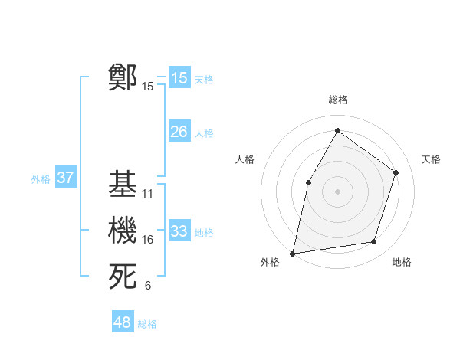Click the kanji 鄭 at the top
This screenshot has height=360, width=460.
pos(123,77)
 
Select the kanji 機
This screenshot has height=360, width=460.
pos(123,231)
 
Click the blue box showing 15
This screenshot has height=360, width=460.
pos(179,78)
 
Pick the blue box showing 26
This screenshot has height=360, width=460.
pos(179,132)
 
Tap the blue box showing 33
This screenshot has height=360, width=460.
pos(179,231)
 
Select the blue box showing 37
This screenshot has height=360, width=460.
pos(65,178)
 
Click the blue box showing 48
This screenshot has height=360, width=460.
pos(122,322)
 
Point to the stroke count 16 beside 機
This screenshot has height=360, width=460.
pos(148,240)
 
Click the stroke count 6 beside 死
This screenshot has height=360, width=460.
pos(148,286)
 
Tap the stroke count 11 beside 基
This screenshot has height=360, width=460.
pos(148,193)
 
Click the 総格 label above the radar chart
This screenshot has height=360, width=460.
pos(337,100)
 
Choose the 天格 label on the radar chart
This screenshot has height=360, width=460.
pos(432,159)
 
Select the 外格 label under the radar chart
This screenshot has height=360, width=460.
pos(270,262)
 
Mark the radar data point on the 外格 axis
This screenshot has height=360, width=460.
pos(293,252)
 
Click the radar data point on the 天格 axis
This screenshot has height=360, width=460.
pos(396,172)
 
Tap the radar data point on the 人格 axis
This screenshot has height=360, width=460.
pos(308,182)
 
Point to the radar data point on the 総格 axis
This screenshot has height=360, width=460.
pos(337,130)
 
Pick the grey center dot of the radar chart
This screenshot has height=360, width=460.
pos(337,191)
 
